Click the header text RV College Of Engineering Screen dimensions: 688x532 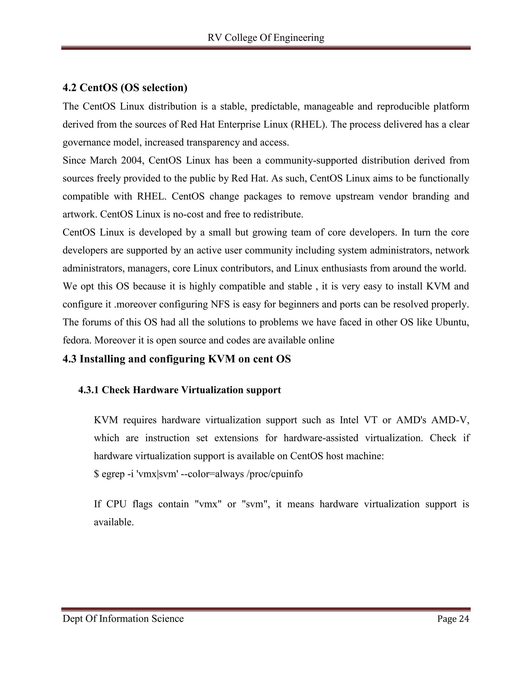click(266, 38)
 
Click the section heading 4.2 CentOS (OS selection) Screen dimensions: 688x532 click(125, 87)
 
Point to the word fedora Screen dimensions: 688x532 click(77, 340)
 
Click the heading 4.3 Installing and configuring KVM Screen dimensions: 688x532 click(176, 359)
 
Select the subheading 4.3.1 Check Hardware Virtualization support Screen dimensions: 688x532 click(180, 390)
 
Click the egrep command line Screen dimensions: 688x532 click(198, 474)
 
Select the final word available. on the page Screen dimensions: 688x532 click(114, 522)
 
